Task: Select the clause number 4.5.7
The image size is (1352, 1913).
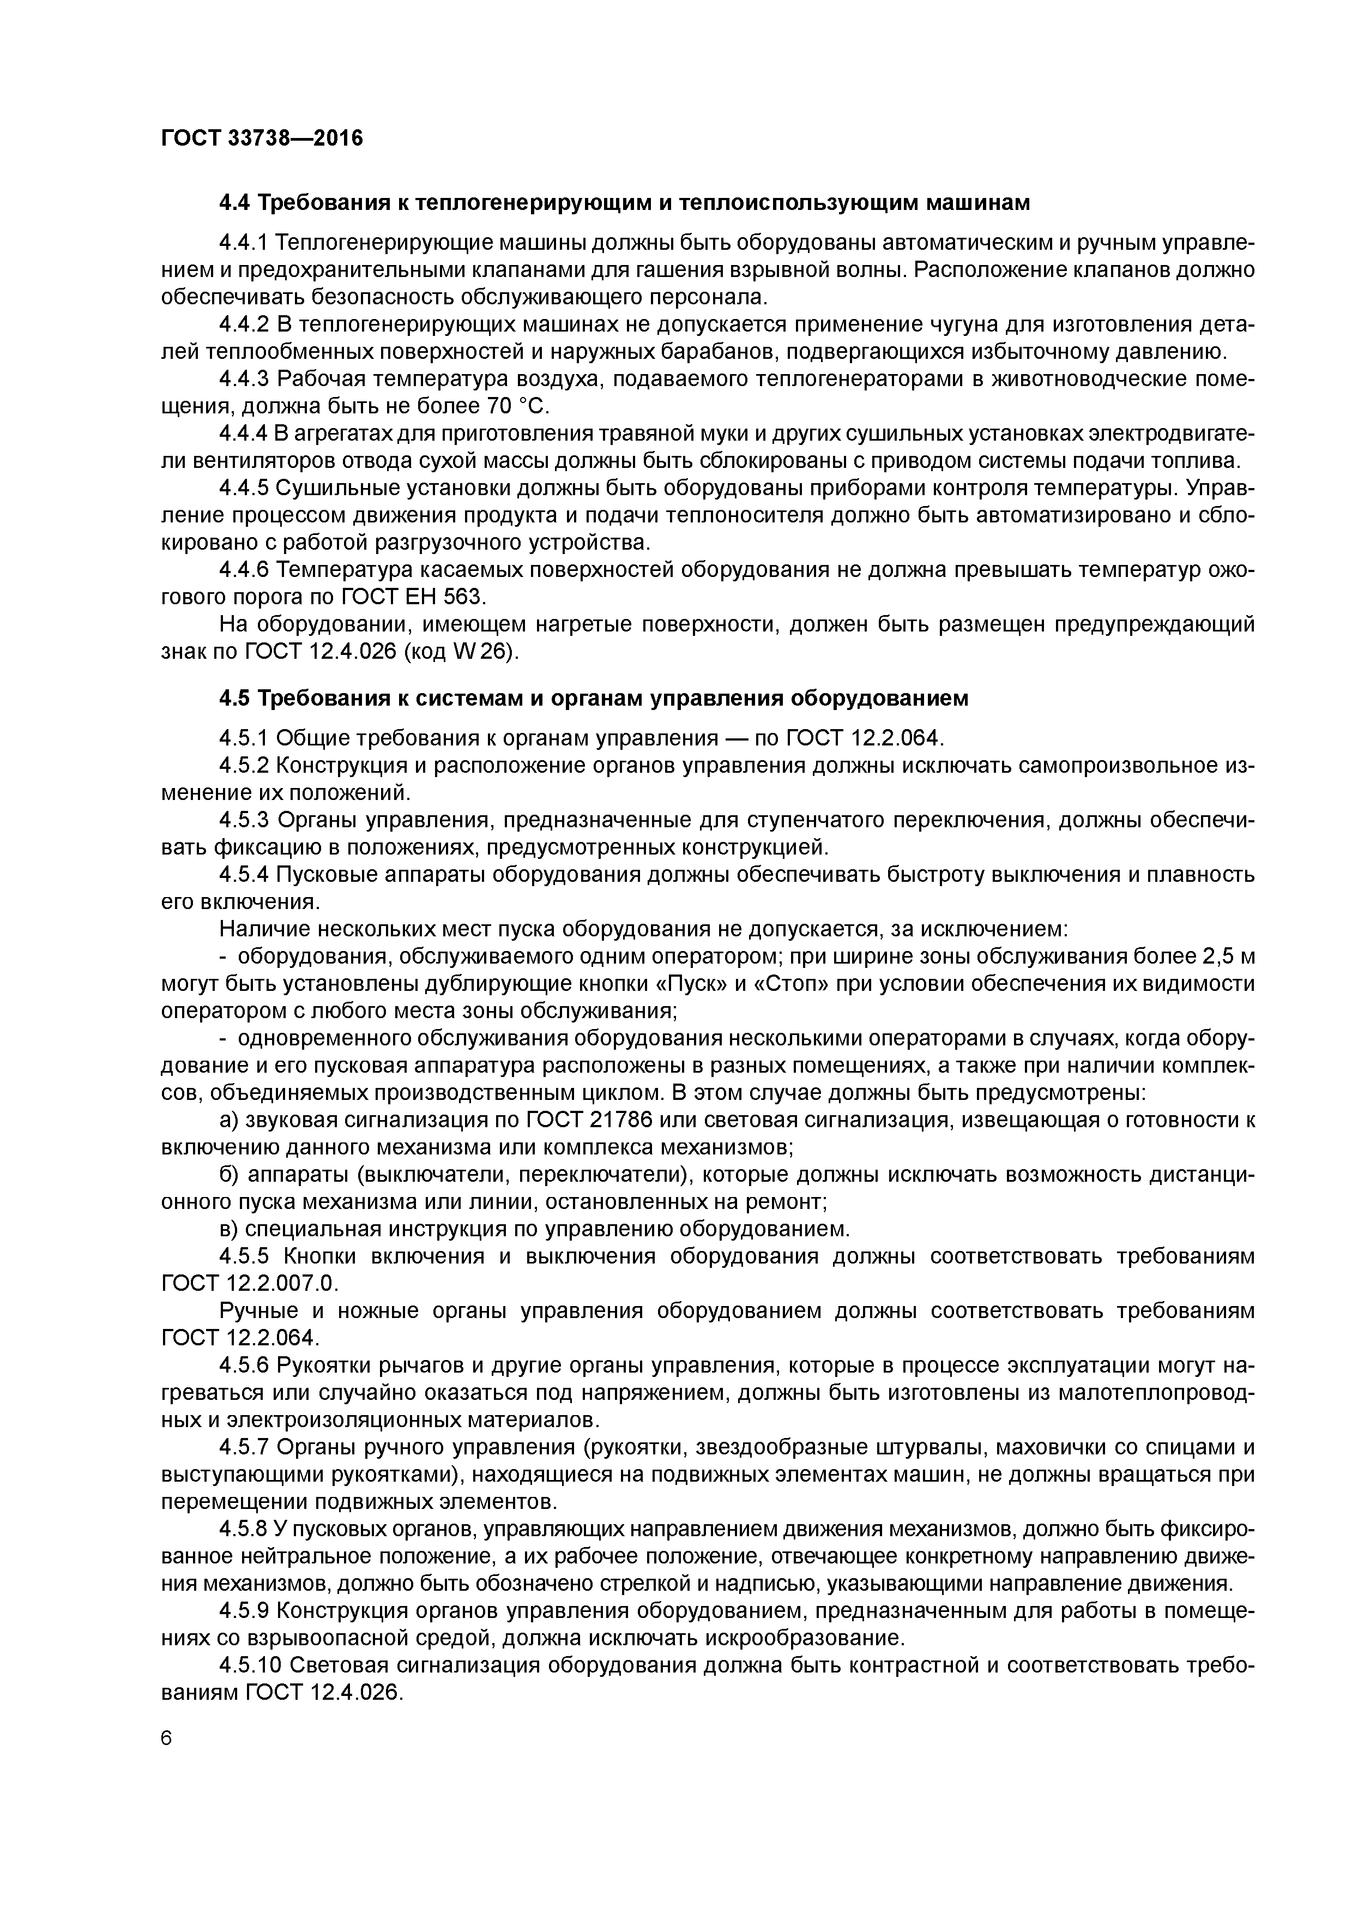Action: tap(245, 1447)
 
